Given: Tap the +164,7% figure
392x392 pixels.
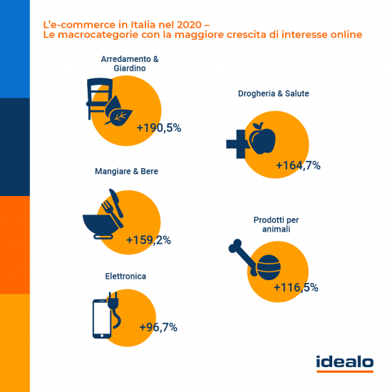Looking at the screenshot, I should [298, 165].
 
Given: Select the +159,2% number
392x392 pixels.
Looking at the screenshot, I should [148, 239].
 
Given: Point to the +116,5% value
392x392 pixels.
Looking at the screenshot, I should [296, 288].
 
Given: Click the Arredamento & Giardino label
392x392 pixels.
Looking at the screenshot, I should [120, 62].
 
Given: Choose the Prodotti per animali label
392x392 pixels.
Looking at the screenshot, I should [273, 225].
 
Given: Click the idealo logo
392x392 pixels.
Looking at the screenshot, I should [344, 363].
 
